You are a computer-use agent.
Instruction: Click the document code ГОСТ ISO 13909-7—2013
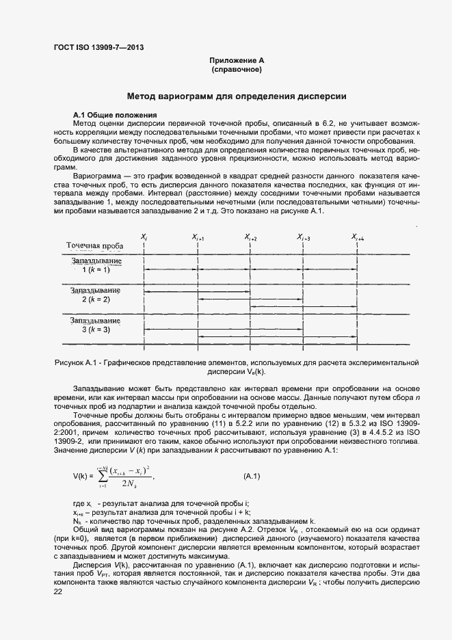click(x=98, y=47)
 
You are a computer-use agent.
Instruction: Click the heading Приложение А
click(x=237, y=62)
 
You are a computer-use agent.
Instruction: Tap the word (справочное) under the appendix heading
click(x=237, y=70)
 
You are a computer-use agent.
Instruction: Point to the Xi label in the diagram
click(x=144, y=237)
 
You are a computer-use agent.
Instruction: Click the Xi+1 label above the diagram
click(x=198, y=237)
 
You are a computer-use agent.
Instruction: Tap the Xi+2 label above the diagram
click(x=250, y=237)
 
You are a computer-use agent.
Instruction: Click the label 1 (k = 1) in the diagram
click(x=96, y=270)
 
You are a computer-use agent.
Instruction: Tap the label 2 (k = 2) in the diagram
click(x=96, y=299)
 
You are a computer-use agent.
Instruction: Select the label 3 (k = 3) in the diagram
click(x=96, y=329)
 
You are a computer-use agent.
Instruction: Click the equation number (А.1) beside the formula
click(x=252, y=475)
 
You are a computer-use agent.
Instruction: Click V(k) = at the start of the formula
click(x=85, y=476)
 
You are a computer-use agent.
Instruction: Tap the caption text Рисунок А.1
click(x=77, y=362)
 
